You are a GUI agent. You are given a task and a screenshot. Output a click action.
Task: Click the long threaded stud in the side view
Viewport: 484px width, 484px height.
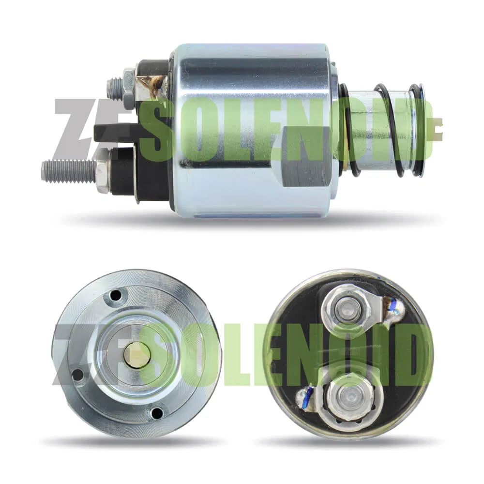click(68, 170)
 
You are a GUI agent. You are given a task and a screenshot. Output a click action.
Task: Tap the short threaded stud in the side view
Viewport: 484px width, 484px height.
click(114, 88)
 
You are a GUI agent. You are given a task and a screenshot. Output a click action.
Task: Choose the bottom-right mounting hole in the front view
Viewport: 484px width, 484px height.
click(157, 413)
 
